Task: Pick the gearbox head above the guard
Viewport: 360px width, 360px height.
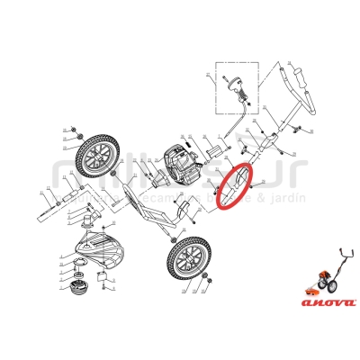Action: click(x=90, y=217)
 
